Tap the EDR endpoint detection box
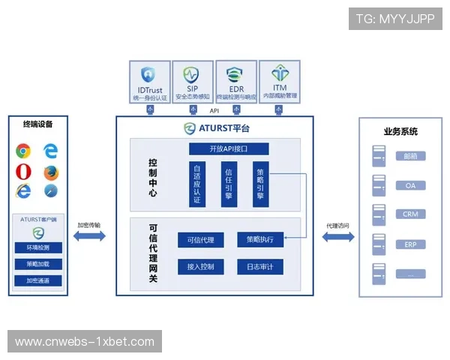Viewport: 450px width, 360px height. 236,82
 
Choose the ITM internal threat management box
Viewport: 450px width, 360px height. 279,82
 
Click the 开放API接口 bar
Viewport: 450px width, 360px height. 229,148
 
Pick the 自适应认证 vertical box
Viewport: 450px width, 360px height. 197,184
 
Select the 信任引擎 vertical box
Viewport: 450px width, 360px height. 229,184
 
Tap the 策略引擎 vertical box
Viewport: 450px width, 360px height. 260,184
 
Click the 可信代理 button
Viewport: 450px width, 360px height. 200,240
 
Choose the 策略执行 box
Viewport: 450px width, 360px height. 259,240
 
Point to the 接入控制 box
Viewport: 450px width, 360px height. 200,266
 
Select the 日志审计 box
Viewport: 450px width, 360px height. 259,266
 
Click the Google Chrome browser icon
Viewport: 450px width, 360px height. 23,151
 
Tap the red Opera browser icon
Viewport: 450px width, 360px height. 23,171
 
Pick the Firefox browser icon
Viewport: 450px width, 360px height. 50,171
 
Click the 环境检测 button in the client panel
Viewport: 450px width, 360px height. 38,247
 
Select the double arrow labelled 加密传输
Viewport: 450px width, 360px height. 89,236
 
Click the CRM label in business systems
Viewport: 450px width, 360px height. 410,214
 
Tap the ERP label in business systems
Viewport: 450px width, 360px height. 410,244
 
